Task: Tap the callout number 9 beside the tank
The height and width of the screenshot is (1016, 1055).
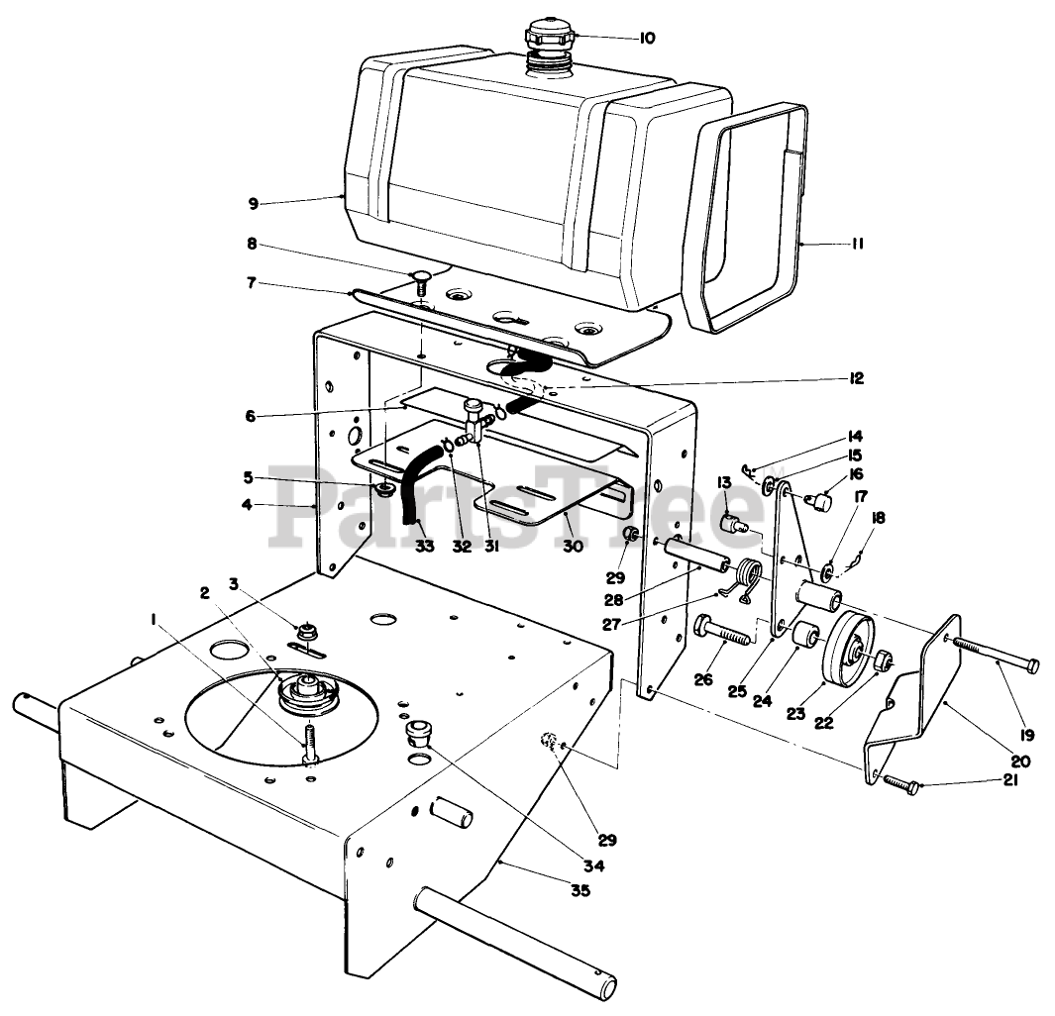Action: click(254, 205)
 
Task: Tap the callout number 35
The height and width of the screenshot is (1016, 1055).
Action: click(580, 890)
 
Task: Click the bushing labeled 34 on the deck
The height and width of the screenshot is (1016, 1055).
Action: click(420, 735)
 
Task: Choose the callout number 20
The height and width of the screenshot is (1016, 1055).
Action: click(1021, 761)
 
